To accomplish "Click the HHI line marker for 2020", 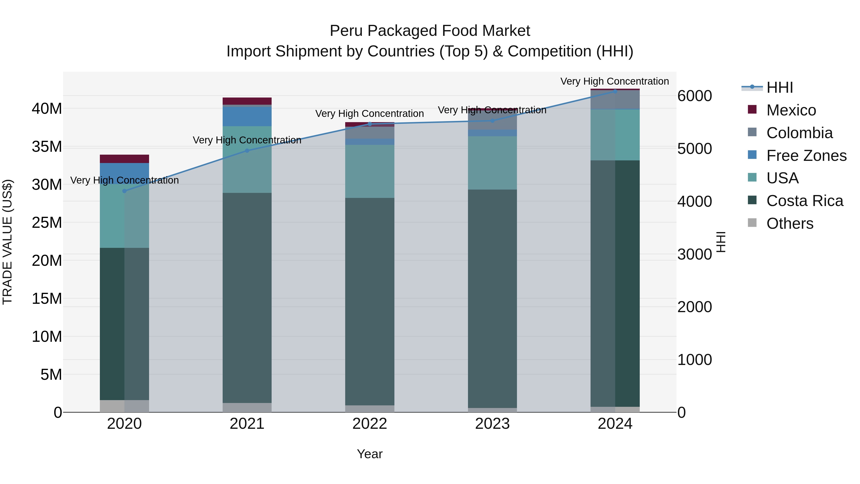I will point(124,191).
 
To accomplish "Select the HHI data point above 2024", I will point(615,91).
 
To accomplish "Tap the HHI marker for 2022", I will point(370,124).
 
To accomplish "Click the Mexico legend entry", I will point(791,110).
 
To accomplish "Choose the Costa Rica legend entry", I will point(804,201).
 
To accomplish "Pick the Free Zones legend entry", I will point(806,156).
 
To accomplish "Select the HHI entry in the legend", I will point(779,87).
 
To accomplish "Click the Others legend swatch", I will point(752,223).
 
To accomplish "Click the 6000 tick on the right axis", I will point(695,96).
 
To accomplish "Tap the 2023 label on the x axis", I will point(492,424).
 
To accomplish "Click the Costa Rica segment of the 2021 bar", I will point(247,297).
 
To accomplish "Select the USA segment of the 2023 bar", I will point(492,163).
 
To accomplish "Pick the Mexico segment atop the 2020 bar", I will point(124,159).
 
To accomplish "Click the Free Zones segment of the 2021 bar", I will point(247,116).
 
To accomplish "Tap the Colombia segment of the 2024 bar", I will point(615,99).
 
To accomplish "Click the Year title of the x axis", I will point(370,454).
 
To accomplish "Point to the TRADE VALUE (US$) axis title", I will point(8,242).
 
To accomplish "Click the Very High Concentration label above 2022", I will point(370,114).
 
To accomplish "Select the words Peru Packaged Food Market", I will point(430,31).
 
